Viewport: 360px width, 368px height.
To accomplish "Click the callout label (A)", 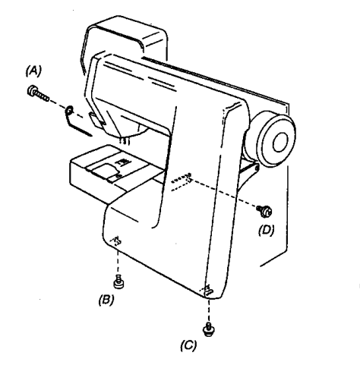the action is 33,71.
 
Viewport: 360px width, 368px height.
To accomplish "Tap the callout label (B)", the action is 106,300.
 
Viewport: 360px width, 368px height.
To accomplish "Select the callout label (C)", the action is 188,345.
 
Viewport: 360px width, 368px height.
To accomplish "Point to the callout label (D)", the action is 267,230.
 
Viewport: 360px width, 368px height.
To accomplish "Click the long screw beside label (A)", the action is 38,93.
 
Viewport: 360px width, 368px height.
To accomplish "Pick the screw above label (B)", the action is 118,282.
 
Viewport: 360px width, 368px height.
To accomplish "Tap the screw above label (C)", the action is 209,329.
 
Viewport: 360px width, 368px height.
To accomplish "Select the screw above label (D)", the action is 264,211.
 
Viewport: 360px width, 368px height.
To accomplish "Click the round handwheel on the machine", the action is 276,140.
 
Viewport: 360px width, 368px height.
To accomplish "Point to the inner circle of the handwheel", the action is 280,142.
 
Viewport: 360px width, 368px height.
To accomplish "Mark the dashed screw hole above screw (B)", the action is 116,241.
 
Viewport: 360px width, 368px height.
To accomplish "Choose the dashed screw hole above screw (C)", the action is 208,291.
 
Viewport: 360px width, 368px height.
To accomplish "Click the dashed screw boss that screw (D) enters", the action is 182,181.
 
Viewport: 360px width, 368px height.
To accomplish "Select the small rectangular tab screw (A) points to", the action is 96,119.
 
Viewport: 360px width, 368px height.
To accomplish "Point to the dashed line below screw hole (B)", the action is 118,260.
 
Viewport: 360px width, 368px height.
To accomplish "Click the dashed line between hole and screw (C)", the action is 209,310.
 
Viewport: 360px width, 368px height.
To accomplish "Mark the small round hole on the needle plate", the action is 117,175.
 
